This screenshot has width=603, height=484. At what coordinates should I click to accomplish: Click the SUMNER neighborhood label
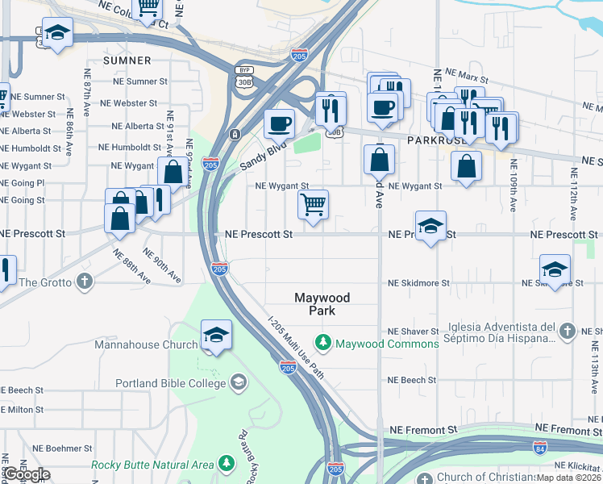tap(127, 60)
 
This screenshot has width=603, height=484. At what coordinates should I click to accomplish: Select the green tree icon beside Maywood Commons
tap(323, 344)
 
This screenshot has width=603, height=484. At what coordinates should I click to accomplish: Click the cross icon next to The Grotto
tap(84, 282)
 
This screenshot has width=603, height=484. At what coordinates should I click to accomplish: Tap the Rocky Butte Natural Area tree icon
tap(227, 464)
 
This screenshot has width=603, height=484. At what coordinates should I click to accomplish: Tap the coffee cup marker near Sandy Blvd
tap(280, 123)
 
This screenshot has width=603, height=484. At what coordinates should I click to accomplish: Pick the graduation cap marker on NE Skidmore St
tap(555, 269)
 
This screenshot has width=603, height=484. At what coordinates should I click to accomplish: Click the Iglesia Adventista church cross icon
tap(567, 332)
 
